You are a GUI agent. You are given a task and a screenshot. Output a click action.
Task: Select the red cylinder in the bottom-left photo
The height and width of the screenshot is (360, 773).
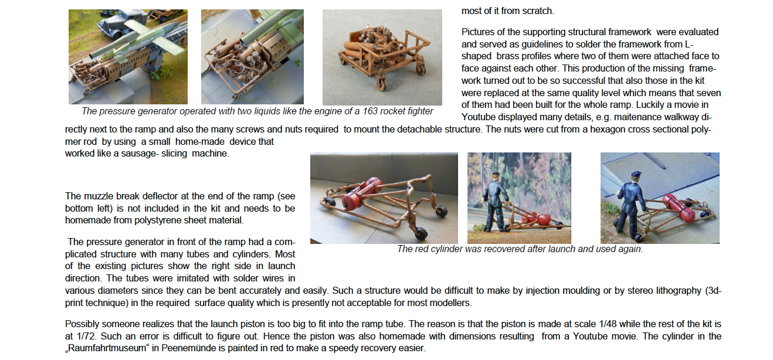(362, 192)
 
